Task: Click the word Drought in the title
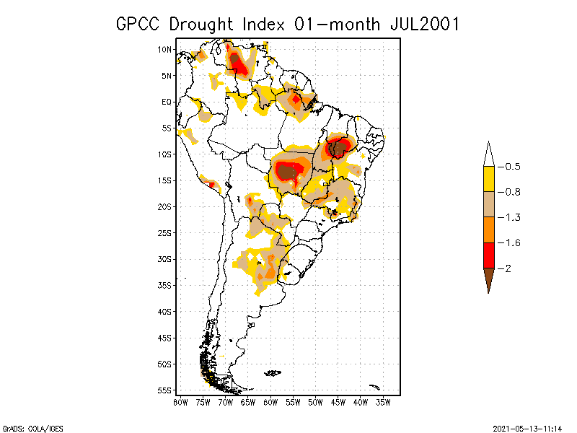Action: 206,24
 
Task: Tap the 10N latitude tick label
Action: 164,49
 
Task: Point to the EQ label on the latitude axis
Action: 166,102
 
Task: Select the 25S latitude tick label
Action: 164,232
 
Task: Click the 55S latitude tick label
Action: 164,390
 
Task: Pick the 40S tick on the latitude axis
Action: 164,311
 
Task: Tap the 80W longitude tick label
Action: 180,401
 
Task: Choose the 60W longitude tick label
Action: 270,401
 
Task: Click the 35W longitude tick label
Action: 384,401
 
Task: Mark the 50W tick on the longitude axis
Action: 316,401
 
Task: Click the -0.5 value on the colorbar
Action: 512,167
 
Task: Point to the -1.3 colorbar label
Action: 512,217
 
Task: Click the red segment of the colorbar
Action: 488,255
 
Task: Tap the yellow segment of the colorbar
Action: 488,179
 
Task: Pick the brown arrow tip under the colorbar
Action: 488,281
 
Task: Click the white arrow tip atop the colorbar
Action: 488,153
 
